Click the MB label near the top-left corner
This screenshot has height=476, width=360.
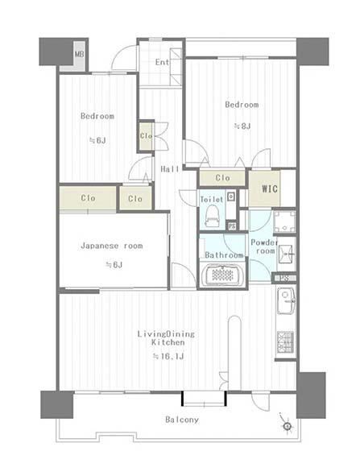click(80, 55)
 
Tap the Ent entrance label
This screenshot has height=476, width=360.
click(163, 62)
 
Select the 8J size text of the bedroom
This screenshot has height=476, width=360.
click(242, 126)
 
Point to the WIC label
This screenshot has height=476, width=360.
click(270, 188)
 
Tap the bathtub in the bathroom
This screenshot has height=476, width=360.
click(223, 275)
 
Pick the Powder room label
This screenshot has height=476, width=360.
click(265, 246)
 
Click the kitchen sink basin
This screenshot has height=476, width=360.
click(286, 300)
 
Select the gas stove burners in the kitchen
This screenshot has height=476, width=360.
click(285, 341)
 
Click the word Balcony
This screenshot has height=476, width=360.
click(182, 420)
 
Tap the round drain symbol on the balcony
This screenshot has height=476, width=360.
click(288, 426)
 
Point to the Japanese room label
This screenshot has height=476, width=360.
click(112, 246)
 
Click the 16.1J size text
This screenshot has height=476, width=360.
click(168, 356)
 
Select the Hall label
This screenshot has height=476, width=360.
click(169, 169)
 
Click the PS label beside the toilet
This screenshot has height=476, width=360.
click(232, 226)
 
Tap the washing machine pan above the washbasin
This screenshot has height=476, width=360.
click(284, 221)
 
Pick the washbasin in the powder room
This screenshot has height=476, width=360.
click(286, 254)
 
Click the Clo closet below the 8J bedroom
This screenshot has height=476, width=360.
click(222, 178)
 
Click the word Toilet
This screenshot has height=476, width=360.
click(212, 200)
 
